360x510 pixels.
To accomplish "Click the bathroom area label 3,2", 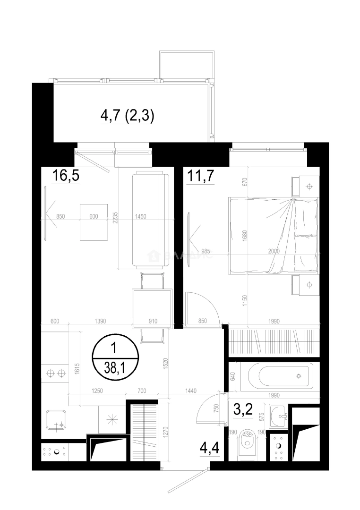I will click(243, 409).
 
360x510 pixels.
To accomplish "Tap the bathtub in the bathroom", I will click(275, 376).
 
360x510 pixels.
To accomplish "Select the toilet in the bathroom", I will click(247, 444).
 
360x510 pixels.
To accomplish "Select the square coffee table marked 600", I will click(94, 222).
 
